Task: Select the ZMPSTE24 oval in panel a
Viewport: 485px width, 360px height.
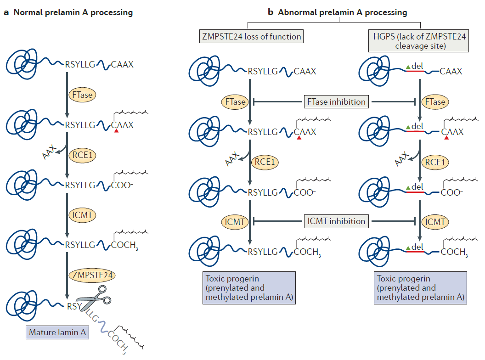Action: coord(91,275)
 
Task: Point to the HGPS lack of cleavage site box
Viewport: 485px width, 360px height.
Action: coord(417,40)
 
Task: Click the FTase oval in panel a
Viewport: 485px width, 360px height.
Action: coord(82,95)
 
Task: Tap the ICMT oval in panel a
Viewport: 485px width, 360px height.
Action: coord(82,215)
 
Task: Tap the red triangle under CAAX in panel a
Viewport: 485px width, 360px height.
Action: coord(117,131)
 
